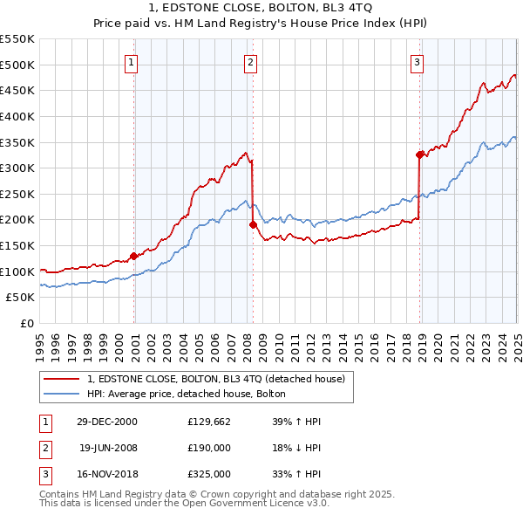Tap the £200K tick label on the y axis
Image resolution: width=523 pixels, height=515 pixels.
(17, 220)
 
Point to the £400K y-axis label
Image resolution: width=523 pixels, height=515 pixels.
(17, 116)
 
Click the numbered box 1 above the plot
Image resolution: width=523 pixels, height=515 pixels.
(131, 62)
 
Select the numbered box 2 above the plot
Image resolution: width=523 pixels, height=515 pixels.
(250, 62)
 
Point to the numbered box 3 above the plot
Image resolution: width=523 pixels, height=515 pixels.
(418, 62)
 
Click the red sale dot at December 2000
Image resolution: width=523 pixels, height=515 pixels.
(134, 256)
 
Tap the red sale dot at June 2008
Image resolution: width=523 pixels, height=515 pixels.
(253, 224)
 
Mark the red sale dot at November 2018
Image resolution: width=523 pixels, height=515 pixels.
(419, 154)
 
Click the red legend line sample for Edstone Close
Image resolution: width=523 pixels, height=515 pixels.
(61, 379)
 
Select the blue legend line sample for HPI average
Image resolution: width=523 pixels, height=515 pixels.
(61, 395)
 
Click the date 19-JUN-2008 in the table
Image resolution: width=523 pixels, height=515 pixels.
(108, 448)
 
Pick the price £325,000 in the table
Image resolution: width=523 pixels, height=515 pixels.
(209, 474)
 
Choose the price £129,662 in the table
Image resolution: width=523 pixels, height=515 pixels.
(209, 422)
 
